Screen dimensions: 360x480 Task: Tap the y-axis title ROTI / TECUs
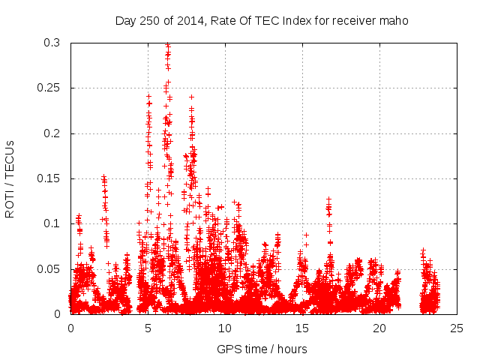tap(10, 178)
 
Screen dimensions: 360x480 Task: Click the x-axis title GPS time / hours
tap(261, 349)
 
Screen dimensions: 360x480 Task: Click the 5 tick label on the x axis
tap(148, 328)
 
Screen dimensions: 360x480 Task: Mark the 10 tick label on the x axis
tap(225, 328)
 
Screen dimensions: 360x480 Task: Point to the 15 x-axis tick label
tap(302, 328)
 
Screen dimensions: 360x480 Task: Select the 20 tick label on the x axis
tap(379, 328)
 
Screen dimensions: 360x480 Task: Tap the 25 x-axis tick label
tap(457, 328)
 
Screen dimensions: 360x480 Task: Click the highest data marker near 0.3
tap(167, 45)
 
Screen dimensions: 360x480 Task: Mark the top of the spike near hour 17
tap(328, 199)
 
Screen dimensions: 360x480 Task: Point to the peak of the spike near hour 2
tap(103, 177)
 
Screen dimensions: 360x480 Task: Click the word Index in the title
tap(295, 20)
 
